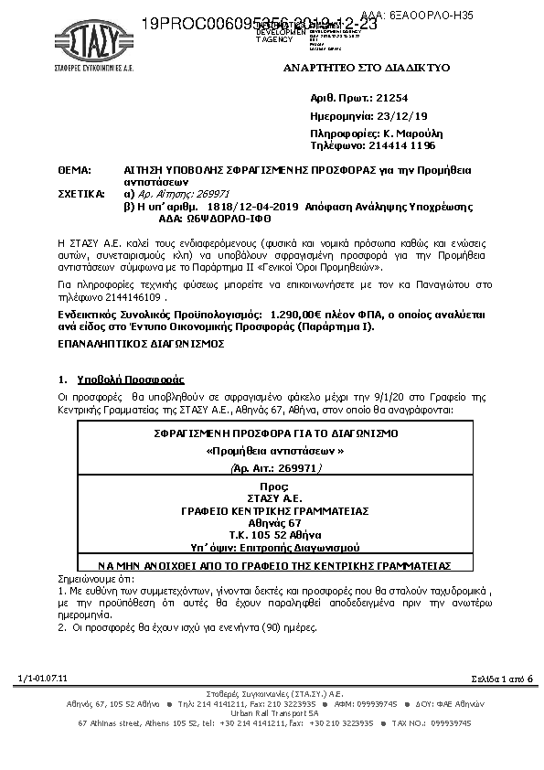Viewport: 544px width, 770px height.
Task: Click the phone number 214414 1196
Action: click(401, 145)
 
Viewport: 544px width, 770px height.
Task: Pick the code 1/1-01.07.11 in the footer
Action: click(43, 677)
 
